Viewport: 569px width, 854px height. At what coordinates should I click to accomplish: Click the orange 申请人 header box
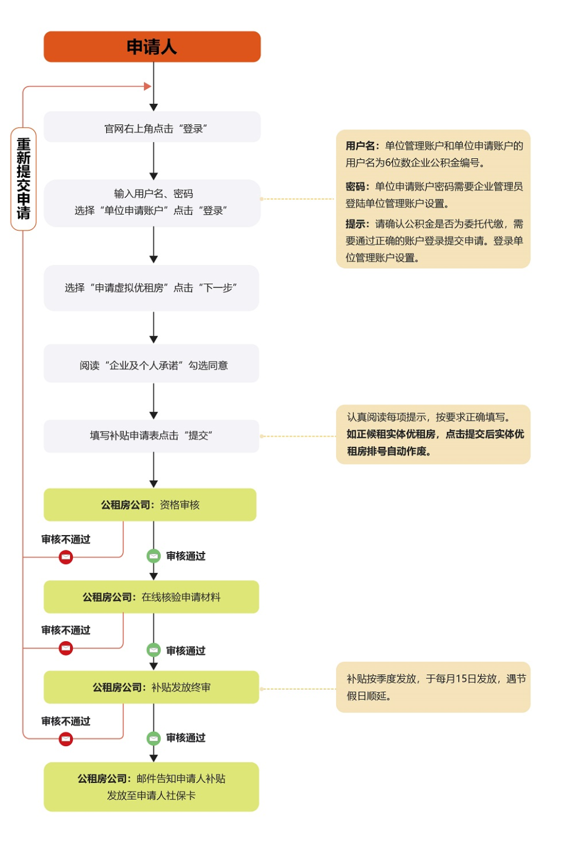pyautogui.click(x=152, y=47)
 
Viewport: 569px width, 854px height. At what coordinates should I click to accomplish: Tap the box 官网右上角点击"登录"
pyautogui.click(x=152, y=128)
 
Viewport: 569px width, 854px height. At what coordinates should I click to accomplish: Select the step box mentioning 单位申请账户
pyautogui.click(x=152, y=203)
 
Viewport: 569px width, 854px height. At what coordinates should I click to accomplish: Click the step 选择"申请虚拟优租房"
pyautogui.click(x=151, y=288)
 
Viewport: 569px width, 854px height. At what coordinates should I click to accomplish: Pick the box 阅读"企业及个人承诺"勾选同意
pyautogui.click(x=151, y=364)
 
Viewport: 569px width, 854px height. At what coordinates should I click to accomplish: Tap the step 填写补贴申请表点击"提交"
pyautogui.click(x=151, y=436)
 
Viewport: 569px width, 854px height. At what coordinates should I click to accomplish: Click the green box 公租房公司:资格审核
pyautogui.click(x=150, y=505)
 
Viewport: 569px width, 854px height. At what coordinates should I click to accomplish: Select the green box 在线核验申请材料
pyautogui.click(x=151, y=597)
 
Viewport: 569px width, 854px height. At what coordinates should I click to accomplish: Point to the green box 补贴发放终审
pyautogui.click(x=151, y=687)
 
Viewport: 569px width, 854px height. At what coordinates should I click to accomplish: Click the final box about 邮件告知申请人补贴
pyautogui.click(x=151, y=787)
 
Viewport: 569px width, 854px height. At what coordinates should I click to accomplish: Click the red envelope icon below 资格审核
pyautogui.click(x=66, y=557)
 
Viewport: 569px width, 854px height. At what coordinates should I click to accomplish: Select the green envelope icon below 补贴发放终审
pyautogui.click(x=154, y=738)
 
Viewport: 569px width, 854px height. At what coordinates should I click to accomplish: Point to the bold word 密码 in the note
pyautogui.click(x=356, y=187)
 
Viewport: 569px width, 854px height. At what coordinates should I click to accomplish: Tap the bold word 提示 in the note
pyautogui.click(x=356, y=224)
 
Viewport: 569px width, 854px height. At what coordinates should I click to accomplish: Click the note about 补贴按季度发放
pyautogui.click(x=433, y=687)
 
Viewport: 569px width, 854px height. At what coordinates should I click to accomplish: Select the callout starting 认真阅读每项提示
pyautogui.click(x=433, y=434)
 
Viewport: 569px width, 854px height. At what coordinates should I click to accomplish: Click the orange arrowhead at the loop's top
pyautogui.click(x=148, y=87)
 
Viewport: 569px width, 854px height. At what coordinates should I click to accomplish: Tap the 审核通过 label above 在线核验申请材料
pyautogui.click(x=186, y=556)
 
